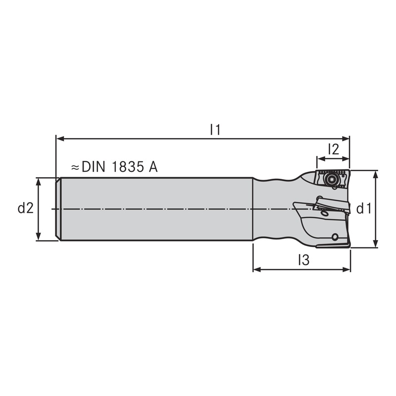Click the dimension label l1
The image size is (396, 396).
click(x=214, y=130)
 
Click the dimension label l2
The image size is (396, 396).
click(x=333, y=149)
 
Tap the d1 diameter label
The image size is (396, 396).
click(x=364, y=209)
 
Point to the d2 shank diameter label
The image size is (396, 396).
click(x=25, y=208)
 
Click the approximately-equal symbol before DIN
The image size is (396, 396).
click(x=75, y=167)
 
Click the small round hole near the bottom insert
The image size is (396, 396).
click(x=336, y=237)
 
